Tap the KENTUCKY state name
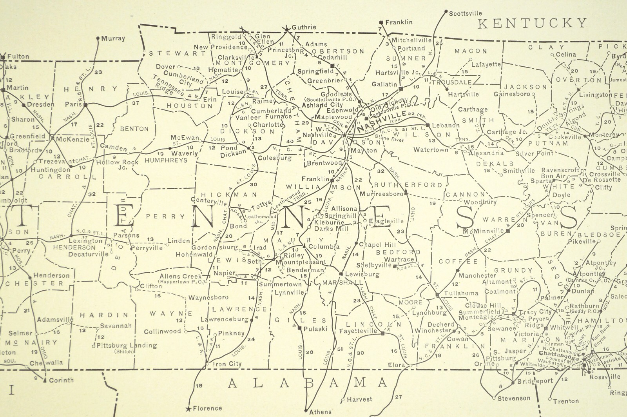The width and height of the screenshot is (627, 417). [533, 23]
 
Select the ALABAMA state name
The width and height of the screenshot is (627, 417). [308, 382]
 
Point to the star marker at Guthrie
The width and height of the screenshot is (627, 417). [287, 29]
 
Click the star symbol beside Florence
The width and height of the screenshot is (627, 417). [188, 409]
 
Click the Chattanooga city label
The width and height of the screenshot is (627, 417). [557, 353]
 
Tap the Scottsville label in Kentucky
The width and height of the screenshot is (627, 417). [465, 13]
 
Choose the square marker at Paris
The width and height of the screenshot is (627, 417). [85, 105]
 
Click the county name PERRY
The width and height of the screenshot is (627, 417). [165, 216]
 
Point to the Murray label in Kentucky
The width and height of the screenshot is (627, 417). [113, 38]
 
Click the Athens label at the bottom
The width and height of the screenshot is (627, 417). [320, 412]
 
